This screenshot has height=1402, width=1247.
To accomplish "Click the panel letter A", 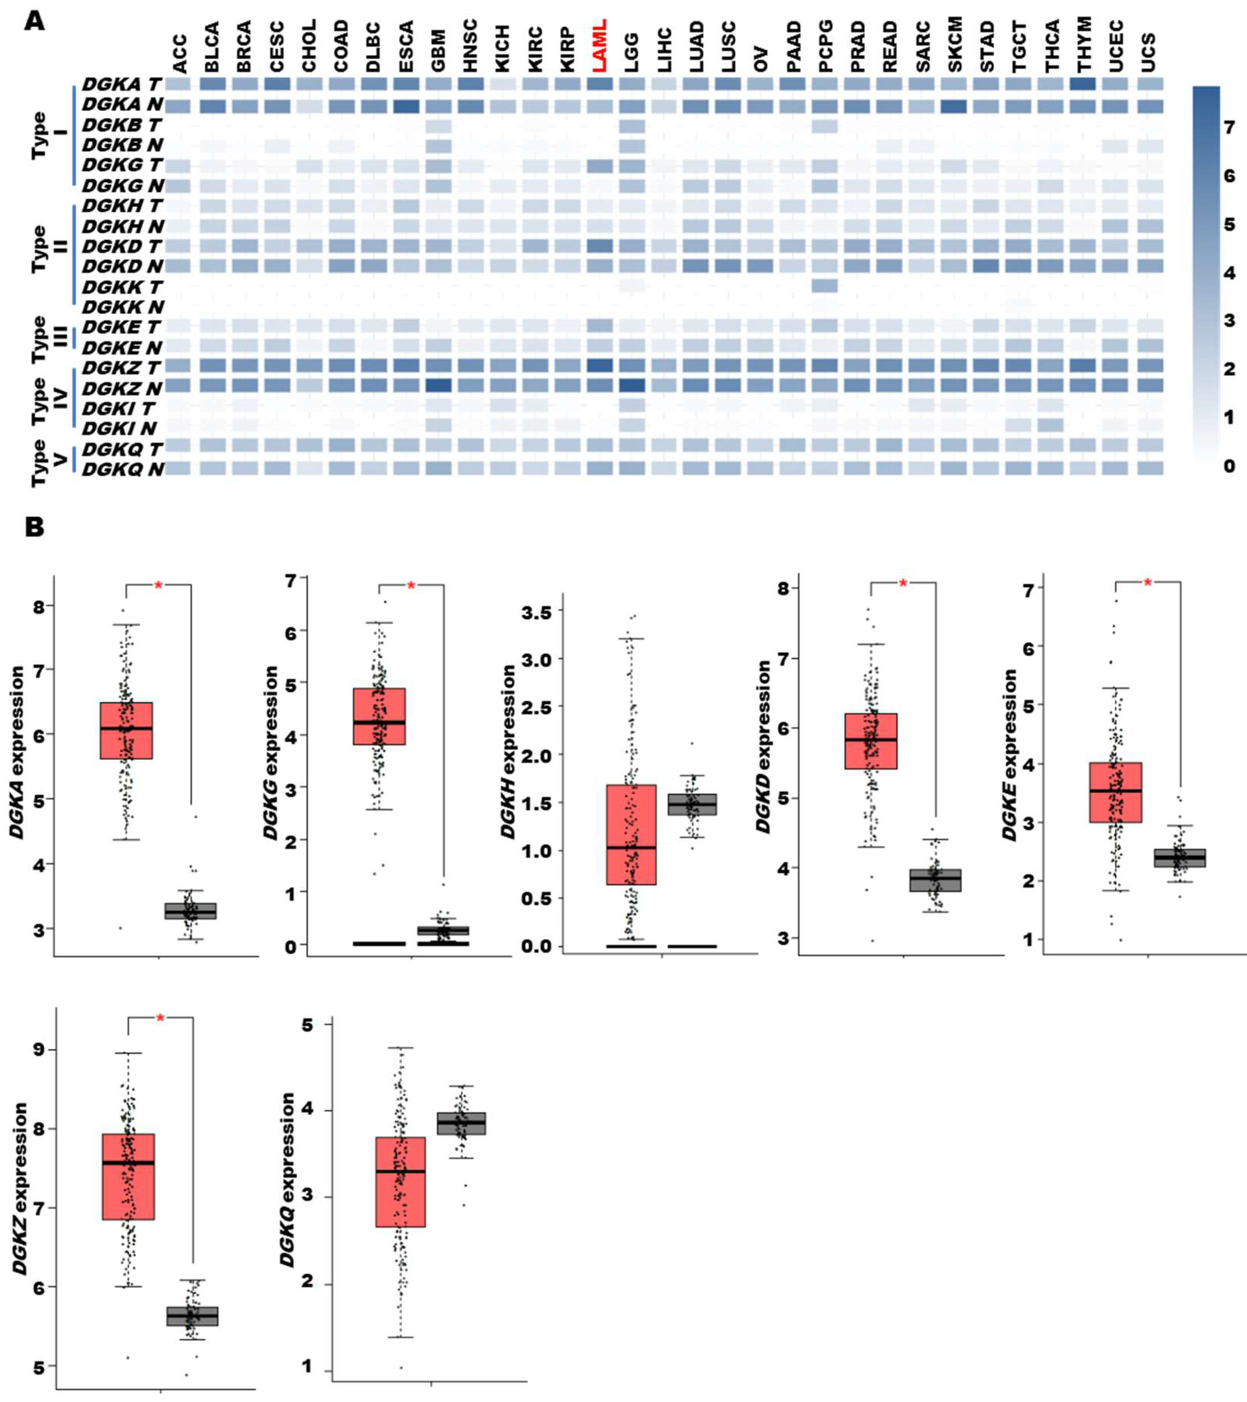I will point(34,21).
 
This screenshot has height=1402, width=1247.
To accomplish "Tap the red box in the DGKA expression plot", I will point(126,730).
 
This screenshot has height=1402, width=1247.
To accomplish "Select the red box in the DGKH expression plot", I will point(631,835).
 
